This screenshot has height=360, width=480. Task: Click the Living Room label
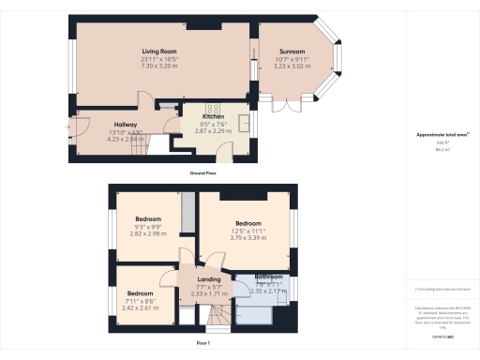[x=160, y=51]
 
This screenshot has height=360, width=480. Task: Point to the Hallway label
[x=126, y=124]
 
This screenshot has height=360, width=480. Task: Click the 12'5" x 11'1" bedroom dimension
[x=247, y=231]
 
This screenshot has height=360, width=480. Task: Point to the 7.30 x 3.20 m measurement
[x=160, y=66]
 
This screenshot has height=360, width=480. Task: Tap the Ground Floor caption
[x=204, y=174]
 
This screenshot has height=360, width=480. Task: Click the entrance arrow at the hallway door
[x=68, y=124]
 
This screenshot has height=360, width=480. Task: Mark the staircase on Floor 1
[x=217, y=321]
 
